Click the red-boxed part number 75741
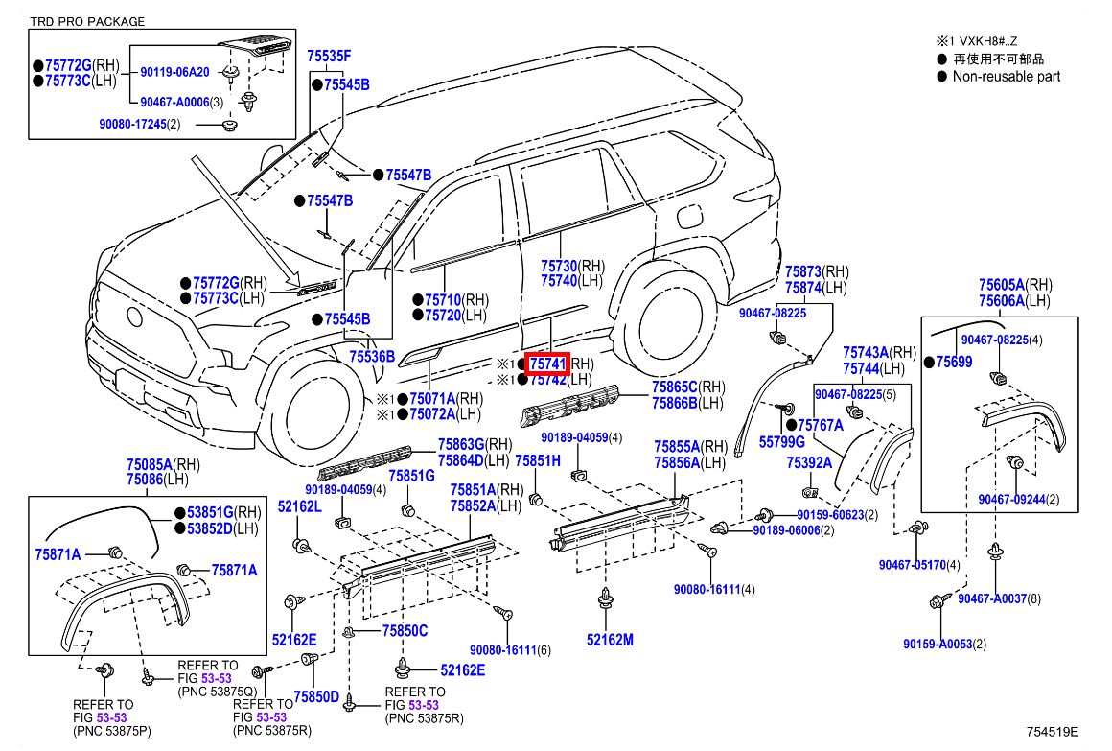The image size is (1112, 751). pyautogui.click(x=547, y=364)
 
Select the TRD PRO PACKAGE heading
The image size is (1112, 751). pyautogui.click(x=87, y=21)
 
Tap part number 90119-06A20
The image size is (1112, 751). pyautogui.click(x=174, y=72)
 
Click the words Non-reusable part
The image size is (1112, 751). pyautogui.click(x=1006, y=77)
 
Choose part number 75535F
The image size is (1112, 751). pyautogui.click(x=329, y=57)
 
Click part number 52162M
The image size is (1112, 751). pyautogui.click(x=611, y=640)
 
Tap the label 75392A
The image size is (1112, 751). pyautogui.click(x=808, y=462)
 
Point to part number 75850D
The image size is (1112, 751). pyautogui.click(x=316, y=696)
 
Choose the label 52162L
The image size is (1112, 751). pyautogui.click(x=300, y=505)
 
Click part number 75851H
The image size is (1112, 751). pyautogui.click(x=537, y=461)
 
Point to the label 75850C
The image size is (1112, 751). pyautogui.click(x=405, y=630)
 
